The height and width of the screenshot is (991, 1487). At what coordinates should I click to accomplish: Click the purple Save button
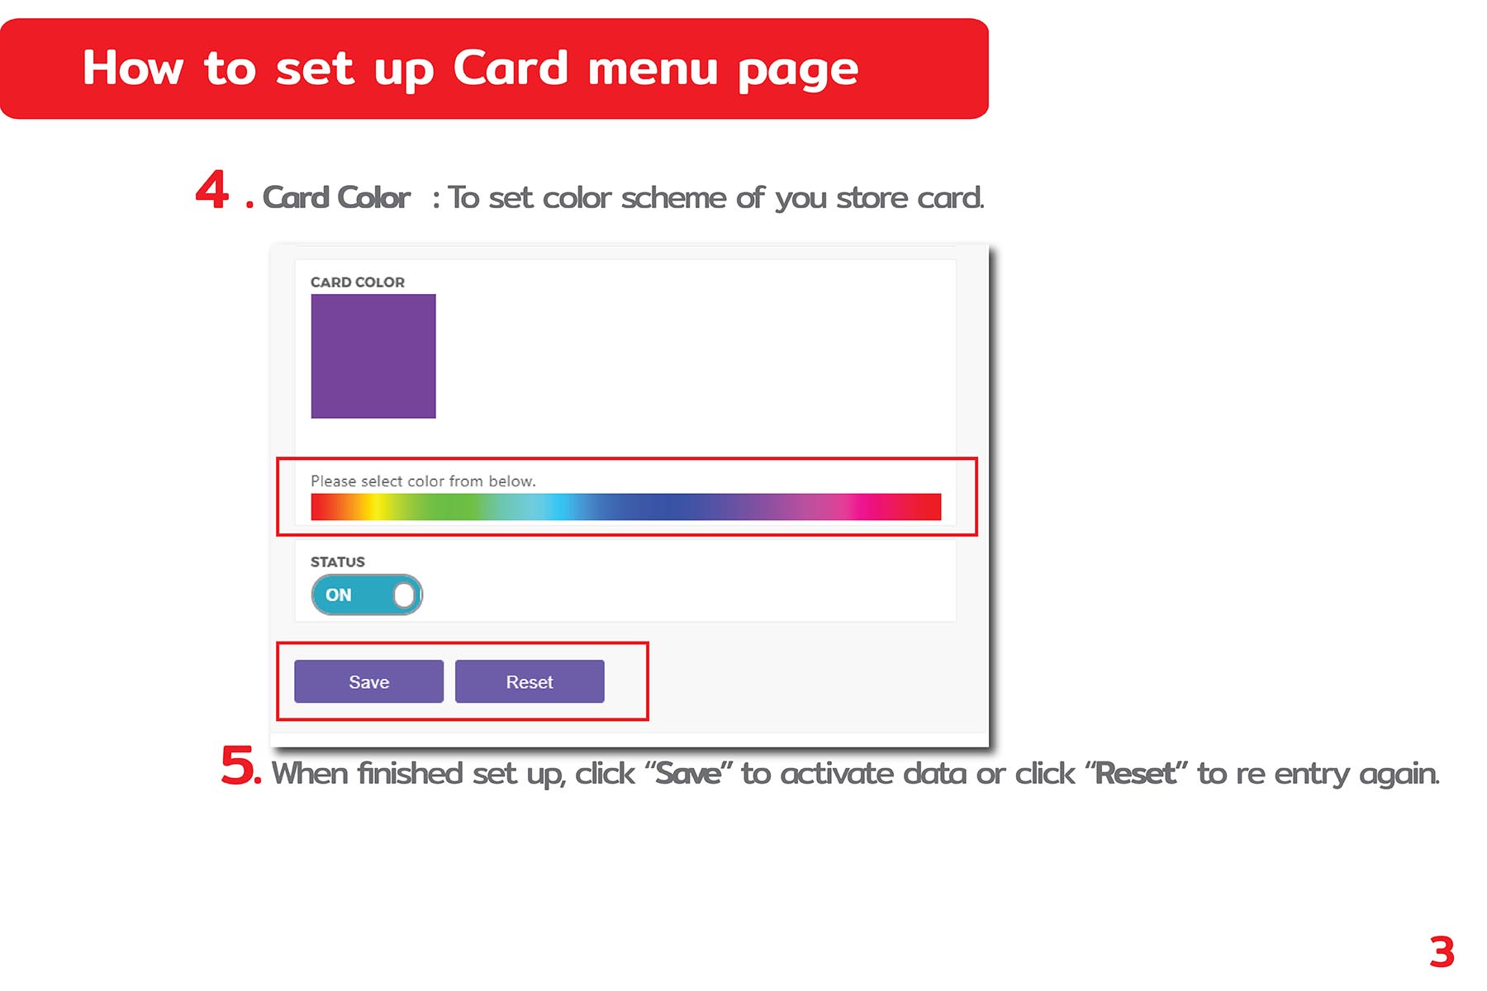368,681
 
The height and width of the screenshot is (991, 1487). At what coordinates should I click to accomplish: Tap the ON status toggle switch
367,595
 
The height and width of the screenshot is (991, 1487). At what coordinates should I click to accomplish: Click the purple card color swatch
373,356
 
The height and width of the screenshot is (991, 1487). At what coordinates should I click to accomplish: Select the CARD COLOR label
358,282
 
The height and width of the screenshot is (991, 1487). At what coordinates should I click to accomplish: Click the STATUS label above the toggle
338,562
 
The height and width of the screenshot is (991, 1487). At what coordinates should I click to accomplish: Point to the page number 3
1442,952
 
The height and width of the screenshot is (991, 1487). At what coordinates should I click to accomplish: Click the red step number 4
212,190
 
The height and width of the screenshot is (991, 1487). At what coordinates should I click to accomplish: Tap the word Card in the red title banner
511,68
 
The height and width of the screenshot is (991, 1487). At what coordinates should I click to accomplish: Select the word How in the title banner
132,68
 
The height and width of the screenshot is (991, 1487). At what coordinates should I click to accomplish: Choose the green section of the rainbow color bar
446,507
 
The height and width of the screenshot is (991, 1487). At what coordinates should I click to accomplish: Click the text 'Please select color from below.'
423,481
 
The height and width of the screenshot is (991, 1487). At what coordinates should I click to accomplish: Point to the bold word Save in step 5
687,773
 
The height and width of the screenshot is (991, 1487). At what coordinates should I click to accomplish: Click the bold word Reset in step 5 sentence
1135,773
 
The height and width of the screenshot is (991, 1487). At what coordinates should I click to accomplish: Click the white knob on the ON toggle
404,595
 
